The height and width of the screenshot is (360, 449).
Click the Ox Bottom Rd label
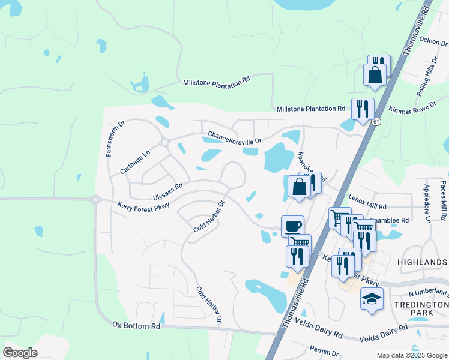(136, 325)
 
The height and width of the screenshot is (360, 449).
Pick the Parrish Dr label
(325, 350)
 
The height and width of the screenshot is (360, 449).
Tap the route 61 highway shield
(376, 122)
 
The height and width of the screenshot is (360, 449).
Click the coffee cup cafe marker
(292, 226)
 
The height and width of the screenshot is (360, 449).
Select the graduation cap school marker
(372, 298)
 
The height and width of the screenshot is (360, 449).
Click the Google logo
(20, 353)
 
